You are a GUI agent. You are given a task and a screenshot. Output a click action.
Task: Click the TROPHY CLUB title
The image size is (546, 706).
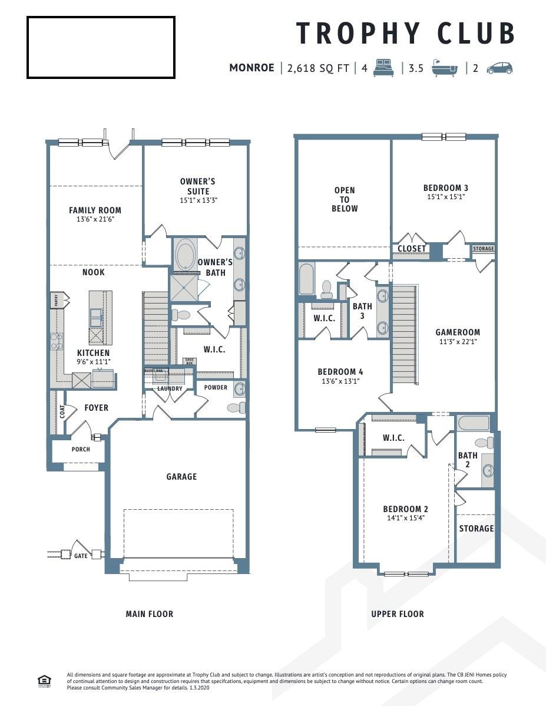(405, 33)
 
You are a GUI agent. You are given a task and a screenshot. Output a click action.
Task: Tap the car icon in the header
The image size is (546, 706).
(499, 68)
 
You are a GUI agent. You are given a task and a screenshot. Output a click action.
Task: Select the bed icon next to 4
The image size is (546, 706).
(383, 67)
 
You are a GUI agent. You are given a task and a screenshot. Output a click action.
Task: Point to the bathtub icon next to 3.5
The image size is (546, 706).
(444, 68)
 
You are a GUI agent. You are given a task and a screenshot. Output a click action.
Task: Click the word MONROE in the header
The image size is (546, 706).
(252, 68)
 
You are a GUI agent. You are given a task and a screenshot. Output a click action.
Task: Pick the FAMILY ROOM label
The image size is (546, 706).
(95, 210)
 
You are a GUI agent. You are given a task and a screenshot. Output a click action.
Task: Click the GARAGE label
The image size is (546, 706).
(181, 476)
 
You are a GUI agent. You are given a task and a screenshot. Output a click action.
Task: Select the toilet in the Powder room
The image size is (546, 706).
(236, 407)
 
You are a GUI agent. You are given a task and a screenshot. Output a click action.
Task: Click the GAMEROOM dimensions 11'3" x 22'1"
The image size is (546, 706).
(457, 342)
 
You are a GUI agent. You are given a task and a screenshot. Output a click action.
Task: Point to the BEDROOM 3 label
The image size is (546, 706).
(445, 188)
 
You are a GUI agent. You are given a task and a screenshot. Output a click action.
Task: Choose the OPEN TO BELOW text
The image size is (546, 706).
(345, 199)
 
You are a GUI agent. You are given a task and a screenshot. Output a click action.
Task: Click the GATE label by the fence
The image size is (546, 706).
(81, 555)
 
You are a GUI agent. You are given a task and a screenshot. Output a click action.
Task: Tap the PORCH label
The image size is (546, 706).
(81, 449)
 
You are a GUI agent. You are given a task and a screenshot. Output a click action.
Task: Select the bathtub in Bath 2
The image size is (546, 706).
(474, 423)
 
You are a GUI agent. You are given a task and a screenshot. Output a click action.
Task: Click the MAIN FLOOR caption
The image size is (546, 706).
(150, 614)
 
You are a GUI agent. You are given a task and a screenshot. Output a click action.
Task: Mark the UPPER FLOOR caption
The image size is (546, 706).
(397, 614)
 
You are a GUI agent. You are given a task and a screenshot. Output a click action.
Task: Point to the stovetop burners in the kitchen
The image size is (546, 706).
(57, 341)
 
